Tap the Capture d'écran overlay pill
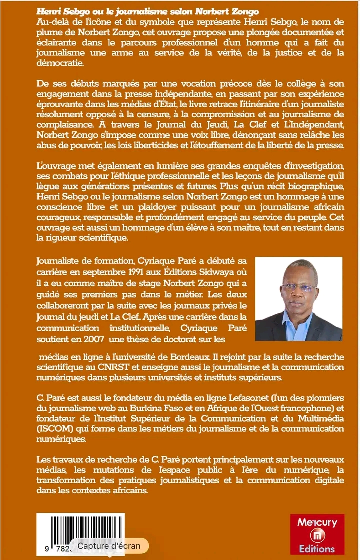point(109,546)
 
